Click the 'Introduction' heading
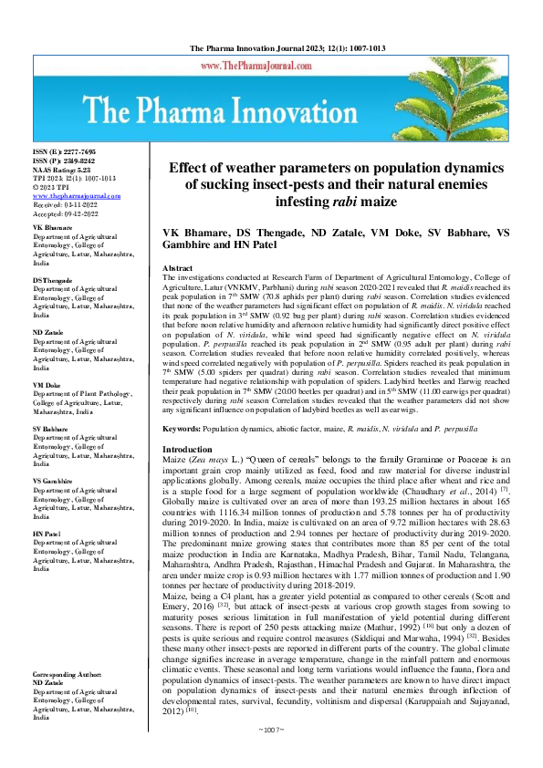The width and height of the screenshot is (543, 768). (x=186, y=475)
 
